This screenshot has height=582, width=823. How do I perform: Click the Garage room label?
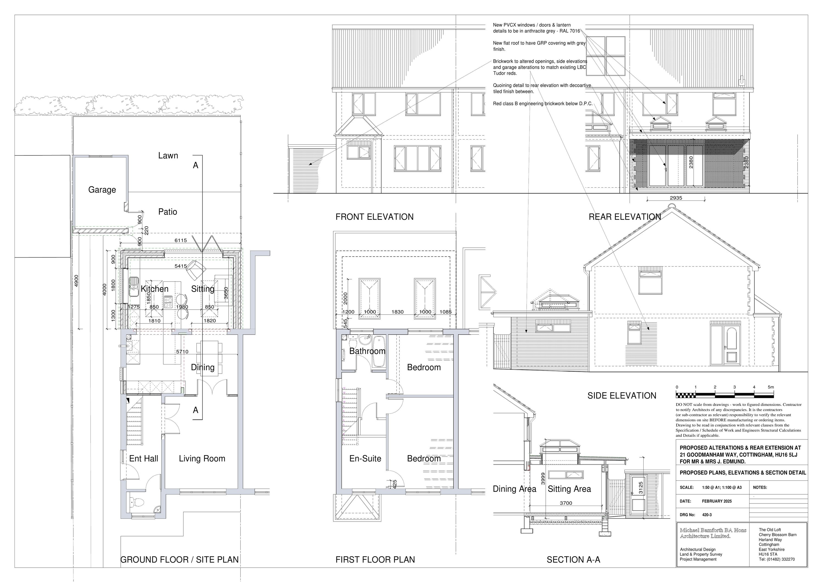point(102,190)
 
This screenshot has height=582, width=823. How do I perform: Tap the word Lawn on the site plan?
point(168,155)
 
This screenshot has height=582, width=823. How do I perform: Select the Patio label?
point(168,212)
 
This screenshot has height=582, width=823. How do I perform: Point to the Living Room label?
point(202,459)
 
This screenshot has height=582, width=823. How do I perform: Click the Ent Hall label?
point(143,459)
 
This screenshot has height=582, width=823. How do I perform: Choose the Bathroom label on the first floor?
point(367,351)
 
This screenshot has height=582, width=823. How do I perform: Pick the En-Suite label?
point(365,459)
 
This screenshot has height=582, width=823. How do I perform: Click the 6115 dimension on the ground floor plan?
point(181,240)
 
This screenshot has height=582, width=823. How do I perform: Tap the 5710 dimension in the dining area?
point(182,352)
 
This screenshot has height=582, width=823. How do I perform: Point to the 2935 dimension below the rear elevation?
point(676,198)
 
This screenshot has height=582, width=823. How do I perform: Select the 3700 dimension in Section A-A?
point(566,503)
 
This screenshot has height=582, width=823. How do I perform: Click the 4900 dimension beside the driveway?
point(76,281)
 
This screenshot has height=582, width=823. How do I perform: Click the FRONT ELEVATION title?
point(374,217)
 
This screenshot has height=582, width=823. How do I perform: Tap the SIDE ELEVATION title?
point(622,396)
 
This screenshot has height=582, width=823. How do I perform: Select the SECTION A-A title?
point(574,560)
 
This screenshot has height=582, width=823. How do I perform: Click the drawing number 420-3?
point(707,515)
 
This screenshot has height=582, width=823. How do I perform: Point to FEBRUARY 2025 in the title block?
point(717,501)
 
